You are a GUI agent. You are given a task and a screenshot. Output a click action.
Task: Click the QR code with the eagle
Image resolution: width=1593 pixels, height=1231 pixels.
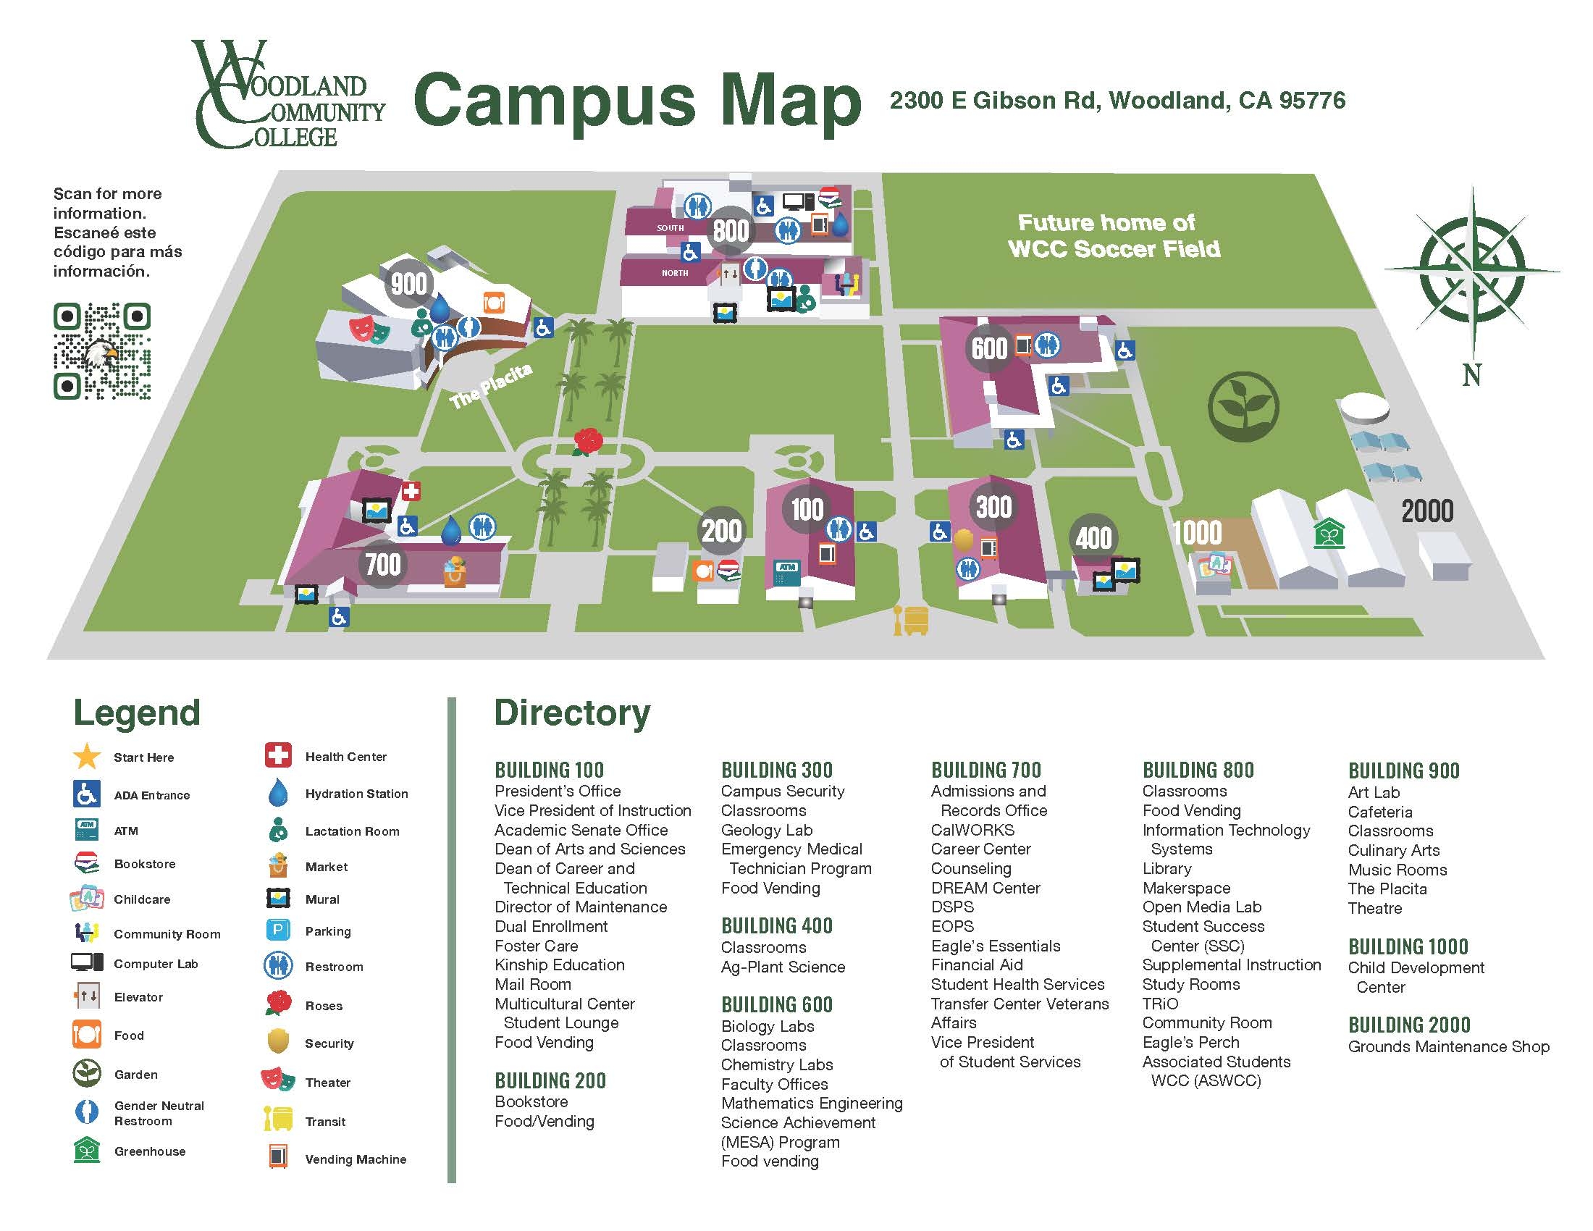(102, 351)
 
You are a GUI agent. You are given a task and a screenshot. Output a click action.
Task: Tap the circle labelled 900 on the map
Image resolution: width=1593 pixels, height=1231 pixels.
(408, 283)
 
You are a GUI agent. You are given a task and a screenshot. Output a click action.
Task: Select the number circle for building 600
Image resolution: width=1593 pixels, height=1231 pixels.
(989, 348)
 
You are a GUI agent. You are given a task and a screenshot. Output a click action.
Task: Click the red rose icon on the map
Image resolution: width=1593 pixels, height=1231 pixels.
(588, 440)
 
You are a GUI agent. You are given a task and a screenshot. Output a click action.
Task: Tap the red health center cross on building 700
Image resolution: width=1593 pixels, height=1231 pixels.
(411, 491)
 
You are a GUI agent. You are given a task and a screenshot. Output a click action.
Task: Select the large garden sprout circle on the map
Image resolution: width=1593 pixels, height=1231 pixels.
(1243, 406)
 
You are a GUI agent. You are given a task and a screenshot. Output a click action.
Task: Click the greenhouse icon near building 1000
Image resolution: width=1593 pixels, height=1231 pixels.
(1329, 533)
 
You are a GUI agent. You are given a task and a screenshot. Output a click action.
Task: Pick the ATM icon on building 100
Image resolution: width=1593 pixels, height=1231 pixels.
(786, 573)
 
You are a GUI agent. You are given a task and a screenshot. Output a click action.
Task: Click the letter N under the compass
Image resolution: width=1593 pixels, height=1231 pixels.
(1471, 376)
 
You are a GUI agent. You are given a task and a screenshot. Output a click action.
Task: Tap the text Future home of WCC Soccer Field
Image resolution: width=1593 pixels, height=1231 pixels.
(1113, 235)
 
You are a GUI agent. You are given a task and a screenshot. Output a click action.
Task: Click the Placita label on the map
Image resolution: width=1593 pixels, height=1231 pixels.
(490, 387)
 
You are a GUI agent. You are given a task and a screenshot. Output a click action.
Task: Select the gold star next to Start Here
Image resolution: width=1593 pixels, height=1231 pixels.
(87, 756)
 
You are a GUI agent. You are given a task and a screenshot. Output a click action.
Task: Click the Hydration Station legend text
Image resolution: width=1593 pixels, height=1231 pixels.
(356, 794)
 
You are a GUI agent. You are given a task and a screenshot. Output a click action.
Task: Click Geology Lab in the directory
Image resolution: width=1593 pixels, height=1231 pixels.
(766, 830)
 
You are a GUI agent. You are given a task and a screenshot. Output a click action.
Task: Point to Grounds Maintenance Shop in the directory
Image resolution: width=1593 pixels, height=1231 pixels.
(1448, 1046)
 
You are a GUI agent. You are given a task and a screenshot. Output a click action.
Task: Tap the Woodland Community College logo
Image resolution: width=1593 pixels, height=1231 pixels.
(288, 95)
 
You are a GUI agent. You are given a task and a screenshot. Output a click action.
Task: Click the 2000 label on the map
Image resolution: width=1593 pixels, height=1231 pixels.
(1426, 511)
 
